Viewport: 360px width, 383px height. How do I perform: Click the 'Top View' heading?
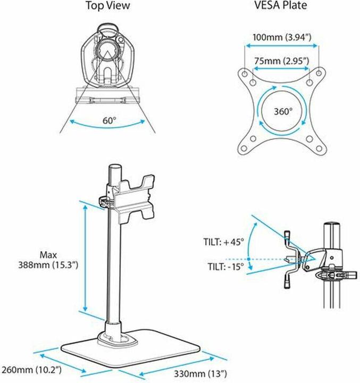tap(109, 6)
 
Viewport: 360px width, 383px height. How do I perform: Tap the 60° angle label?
tap(109, 120)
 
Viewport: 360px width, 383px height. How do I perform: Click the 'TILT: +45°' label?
tap(223, 242)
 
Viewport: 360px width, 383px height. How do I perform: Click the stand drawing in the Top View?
tap(109, 59)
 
